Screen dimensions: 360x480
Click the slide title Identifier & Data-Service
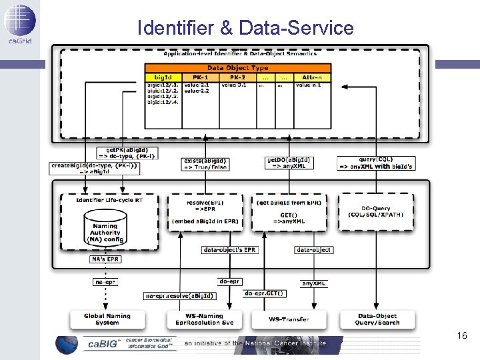[x=245, y=28]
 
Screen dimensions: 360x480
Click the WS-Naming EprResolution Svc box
[x=205, y=319]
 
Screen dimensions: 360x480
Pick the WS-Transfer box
[x=289, y=319]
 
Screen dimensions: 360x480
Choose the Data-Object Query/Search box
[x=378, y=319]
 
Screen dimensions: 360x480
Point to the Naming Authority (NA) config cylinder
[x=105, y=229]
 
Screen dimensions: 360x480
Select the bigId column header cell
[x=163, y=77]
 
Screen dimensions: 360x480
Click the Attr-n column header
[x=313, y=77]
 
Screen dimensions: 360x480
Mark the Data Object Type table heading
[x=238, y=68]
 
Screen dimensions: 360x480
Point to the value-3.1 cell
[x=233, y=85]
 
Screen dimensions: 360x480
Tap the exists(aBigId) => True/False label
[x=205, y=164]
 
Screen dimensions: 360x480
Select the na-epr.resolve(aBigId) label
[x=180, y=295]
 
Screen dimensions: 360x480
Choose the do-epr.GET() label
[x=265, y=293]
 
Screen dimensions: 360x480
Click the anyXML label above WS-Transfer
[x=313, y=283]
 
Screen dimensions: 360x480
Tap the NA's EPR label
[x=105, y=259]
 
